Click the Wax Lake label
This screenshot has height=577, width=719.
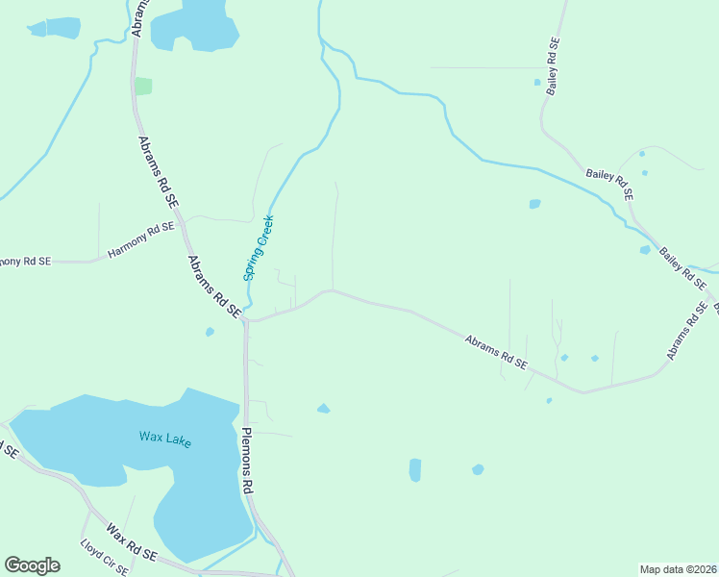click(165, 439)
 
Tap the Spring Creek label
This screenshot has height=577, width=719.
click(258, 247)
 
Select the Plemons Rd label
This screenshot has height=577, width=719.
click(248, 461)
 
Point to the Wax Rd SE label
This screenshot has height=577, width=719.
click(131, 542)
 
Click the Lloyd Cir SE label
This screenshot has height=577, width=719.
click(104, 557)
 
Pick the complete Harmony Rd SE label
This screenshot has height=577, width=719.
click(141, 240)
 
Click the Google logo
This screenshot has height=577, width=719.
click(32, 565)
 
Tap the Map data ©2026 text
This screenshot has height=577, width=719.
click(678, 569)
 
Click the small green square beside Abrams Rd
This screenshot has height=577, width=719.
click(143, 87)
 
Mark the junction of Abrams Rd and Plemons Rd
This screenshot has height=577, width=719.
click(246, 321)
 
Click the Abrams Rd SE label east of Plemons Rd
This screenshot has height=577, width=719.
click(496, 352)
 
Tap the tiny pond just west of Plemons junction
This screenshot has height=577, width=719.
click(210, 333)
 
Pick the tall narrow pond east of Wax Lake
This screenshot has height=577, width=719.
click(415, 469)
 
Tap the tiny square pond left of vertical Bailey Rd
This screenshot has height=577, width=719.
click(537, 83)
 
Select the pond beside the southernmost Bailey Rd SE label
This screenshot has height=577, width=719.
click(645, 250)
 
